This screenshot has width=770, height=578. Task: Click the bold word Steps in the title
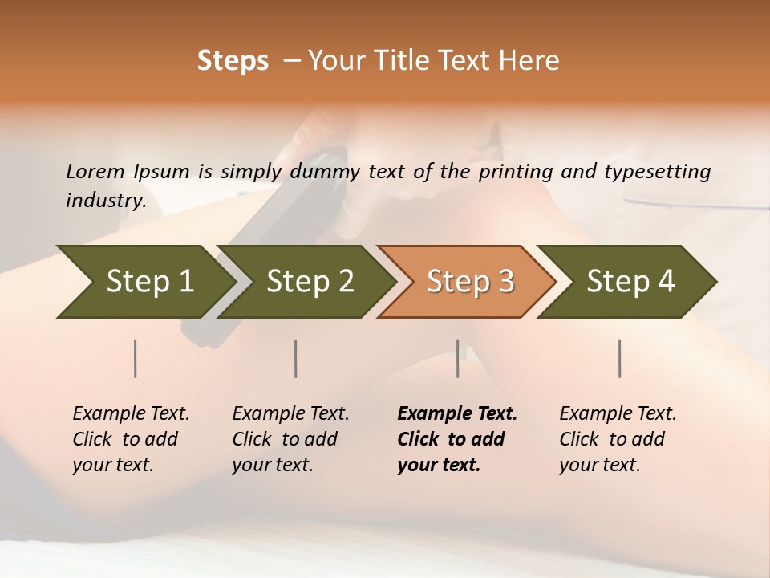(x=233, y=61)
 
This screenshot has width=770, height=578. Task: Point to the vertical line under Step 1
(x=136, y=358)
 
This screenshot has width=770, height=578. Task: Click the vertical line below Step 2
(x=296, y=358)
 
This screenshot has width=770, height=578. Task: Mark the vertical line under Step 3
(x=458, y=358)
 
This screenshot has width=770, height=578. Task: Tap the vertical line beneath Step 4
(x=620, y=358)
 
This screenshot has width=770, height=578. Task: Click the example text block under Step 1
(x=131, y=439)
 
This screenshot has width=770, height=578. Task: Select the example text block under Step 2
(x=290, y=439)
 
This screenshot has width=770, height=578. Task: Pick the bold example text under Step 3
(x=457, y=439)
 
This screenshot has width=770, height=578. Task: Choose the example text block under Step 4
(x=618, y=439)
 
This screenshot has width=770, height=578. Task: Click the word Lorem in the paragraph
(x=95, y=172)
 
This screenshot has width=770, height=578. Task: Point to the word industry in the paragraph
(x=106, y=201)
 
